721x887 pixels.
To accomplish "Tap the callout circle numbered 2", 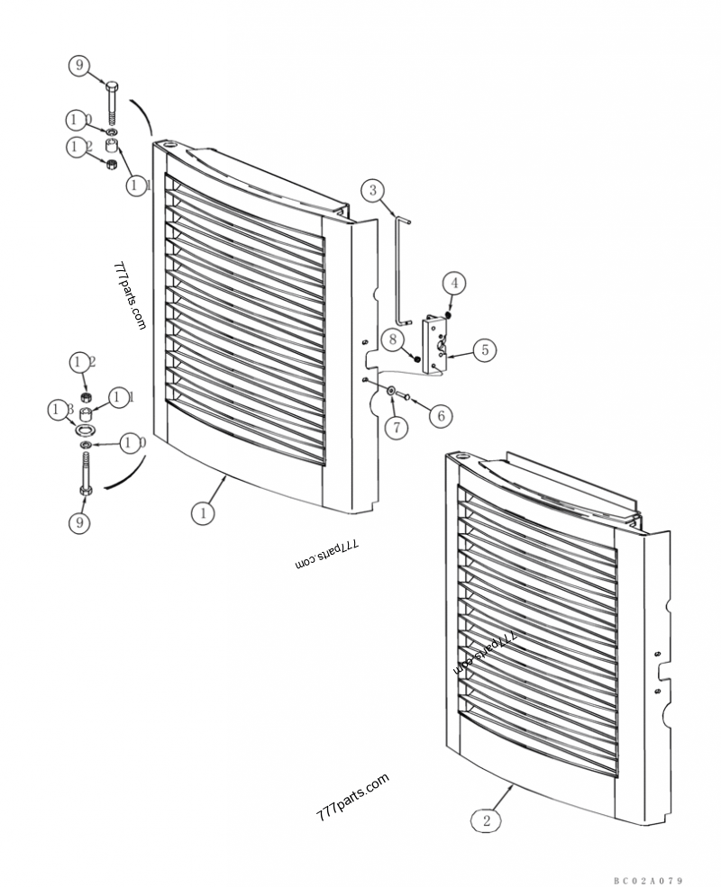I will [x=487, y=820].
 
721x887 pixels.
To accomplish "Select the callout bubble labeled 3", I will [x=374, y=190].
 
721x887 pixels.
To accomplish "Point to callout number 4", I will [x=455, y=283].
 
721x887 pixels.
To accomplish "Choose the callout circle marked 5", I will [x=484, y=349].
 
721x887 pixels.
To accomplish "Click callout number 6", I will [x=441, y=415].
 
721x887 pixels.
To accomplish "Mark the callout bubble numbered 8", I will [x=393, y=339].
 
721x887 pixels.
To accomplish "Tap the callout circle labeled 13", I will [x=60, y=411].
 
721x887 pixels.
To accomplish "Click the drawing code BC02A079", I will [x=649, y=880].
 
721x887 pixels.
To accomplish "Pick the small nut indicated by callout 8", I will [x=416, y=358].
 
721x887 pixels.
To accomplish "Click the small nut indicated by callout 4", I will [x=448, y=313].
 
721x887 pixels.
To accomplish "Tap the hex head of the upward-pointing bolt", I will [x=86, y=489].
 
